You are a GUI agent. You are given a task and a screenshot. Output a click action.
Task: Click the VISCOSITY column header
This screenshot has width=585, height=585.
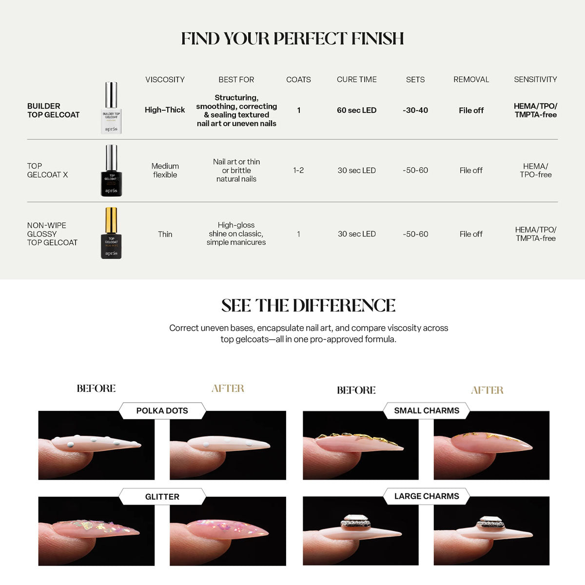(165, 79)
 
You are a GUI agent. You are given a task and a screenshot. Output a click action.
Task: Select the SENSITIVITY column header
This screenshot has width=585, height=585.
(535, 79)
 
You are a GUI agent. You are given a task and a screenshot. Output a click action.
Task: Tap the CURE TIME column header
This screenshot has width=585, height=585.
(357, 79)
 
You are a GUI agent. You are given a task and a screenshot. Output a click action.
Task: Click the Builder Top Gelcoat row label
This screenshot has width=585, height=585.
(54, 110)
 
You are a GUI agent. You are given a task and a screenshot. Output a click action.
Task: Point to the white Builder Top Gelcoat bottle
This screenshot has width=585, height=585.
(111, 108)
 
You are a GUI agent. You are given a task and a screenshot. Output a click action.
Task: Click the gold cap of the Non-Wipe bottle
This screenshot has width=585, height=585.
(111, 220)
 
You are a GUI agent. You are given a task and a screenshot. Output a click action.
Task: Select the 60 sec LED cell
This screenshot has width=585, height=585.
(357, 110)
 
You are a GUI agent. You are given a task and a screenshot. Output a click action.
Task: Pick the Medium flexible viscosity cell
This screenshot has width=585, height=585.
(165, 170)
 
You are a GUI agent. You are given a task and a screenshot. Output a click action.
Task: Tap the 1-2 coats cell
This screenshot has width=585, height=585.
(298, 170)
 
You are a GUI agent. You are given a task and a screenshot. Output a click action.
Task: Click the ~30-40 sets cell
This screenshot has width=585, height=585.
(415, 110)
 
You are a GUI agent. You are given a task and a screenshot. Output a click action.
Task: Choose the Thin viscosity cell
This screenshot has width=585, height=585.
(165, 234)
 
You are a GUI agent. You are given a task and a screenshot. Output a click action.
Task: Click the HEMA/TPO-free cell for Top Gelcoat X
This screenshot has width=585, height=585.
(535, 170)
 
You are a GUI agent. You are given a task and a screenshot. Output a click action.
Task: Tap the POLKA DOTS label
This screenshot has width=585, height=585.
(162, 411)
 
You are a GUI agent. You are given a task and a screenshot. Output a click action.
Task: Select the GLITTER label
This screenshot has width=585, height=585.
(162, 497)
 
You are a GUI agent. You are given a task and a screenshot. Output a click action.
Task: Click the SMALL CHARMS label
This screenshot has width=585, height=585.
(427, 410)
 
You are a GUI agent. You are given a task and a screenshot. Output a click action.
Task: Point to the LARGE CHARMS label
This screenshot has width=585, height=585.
(427, 496)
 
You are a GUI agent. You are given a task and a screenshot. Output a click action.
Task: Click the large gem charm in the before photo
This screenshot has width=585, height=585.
(355, 522)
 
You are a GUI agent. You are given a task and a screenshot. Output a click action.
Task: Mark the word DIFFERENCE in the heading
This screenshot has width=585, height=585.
(344, 305)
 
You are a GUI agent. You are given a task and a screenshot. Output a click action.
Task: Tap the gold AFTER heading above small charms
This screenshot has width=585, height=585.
(487, 390)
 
